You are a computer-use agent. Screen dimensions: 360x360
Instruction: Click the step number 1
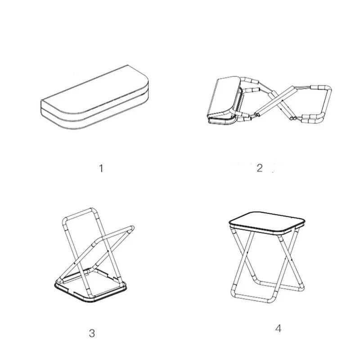(x=101, y=168)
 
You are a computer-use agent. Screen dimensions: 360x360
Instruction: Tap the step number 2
(x=260, y=168)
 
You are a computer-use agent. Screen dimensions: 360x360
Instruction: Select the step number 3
(x=92, y=333)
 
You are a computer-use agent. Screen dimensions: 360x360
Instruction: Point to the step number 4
(x=278, y=328)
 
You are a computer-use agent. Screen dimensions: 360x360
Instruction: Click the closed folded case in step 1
(x=94, y=97)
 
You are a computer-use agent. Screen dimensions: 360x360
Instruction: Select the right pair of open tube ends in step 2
(x=292, y=118)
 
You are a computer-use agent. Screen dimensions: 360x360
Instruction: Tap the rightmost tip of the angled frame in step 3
(x=133, y=228)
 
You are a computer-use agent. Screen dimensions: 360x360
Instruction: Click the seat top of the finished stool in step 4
(x=267, y=222)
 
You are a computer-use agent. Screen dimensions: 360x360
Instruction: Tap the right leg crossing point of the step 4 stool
(x=288, y=260)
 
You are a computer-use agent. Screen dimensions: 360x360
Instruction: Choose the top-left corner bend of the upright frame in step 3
(x=65, y=220)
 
